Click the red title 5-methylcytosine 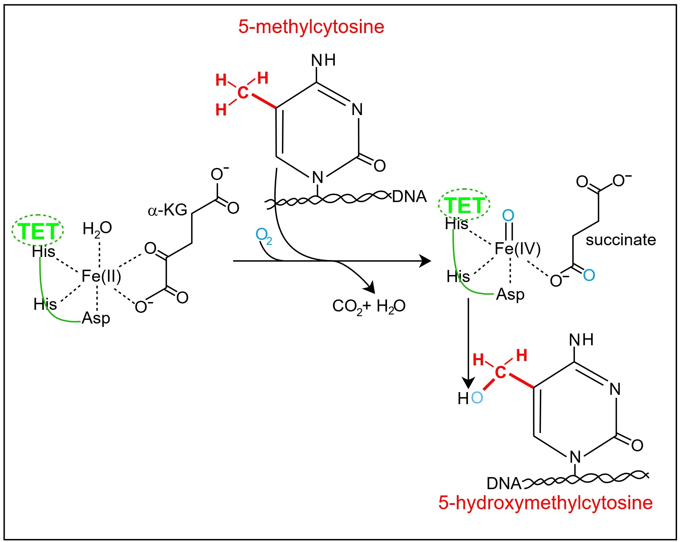(x=311, y=27)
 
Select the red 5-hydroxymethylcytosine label (x=545, y=503)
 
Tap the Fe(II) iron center (x=101, y=276)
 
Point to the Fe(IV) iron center (x=517, y=249)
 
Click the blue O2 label (x=264, y=236)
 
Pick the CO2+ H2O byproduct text (x=369, y=306)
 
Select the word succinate (x=620, y=240)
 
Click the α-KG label (x=167, y=210)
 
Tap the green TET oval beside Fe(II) (x=37, y=231)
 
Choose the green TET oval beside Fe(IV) (x=464, y=205)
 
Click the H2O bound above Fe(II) (x=97, y=229)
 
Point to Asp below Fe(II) (x=96, y=318)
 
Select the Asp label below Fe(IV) (x=510, y=295)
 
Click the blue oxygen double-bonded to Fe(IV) (x=508, y=216)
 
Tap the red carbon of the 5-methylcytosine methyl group (x=243, y=93)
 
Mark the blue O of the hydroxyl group (x=477, y=398)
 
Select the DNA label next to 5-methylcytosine (x=409, y=197)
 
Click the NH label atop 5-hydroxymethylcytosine (x=581, y=340)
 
